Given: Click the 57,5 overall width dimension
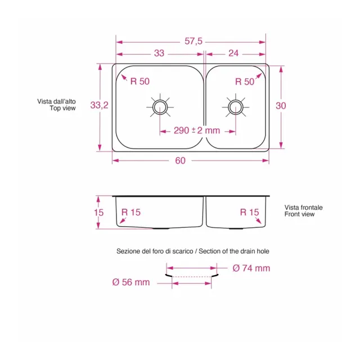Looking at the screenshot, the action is point(193,41).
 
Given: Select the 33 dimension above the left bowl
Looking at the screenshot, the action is point(159,53).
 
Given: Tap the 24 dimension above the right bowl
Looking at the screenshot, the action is point(233,53).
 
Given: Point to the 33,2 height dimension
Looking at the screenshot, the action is point(99,105).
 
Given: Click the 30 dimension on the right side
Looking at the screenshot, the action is point(281,106).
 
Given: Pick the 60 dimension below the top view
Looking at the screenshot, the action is point(180,161).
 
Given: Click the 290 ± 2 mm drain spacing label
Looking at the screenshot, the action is point(197,130).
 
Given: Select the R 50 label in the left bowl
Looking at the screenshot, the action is point(140,81).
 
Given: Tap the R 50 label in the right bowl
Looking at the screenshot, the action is point(245,82).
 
